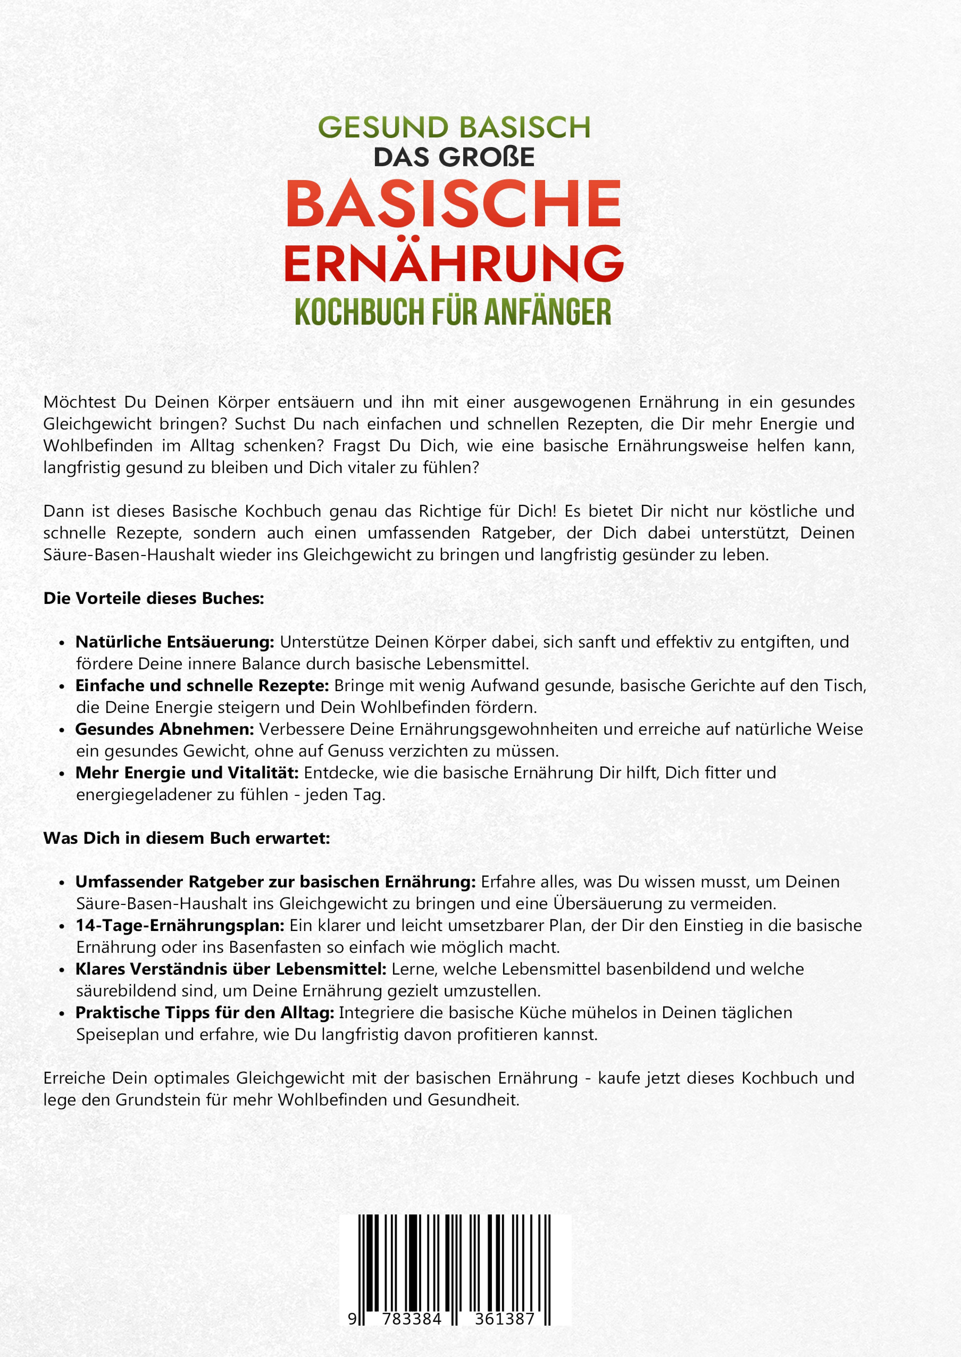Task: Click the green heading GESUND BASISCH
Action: point(454,127)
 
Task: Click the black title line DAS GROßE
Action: point(454,157)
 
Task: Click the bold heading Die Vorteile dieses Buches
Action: point(153,598)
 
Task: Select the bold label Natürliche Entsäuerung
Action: point(174,642)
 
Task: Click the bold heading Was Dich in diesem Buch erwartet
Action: point(186,838)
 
